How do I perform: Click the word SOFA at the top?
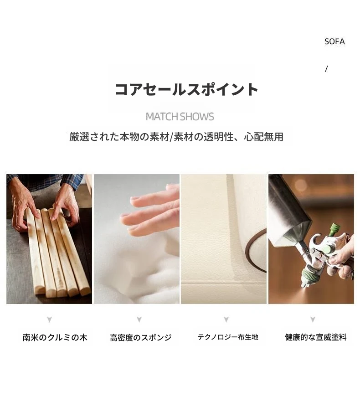click(x=334, y=41)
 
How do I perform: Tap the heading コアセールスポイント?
click(x=186, y=89)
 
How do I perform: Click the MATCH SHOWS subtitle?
click(x=180, y=117)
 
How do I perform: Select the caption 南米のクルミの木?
click(x=55, y=337)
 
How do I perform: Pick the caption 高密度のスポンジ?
click(x=141, y=337)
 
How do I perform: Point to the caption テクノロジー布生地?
click(x=228, y=337)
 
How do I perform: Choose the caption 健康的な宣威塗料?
click(x=315, y=337)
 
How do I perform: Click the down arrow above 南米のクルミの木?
click(x=49, y=320)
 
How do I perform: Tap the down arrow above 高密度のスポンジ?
click(x=139, y=320)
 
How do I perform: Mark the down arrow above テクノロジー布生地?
click(x=226, y=320)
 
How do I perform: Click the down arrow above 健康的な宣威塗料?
click(x=313, y=320)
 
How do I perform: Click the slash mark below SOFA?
click(x=326, y=69)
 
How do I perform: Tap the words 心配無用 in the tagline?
click(x=263, y=137)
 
